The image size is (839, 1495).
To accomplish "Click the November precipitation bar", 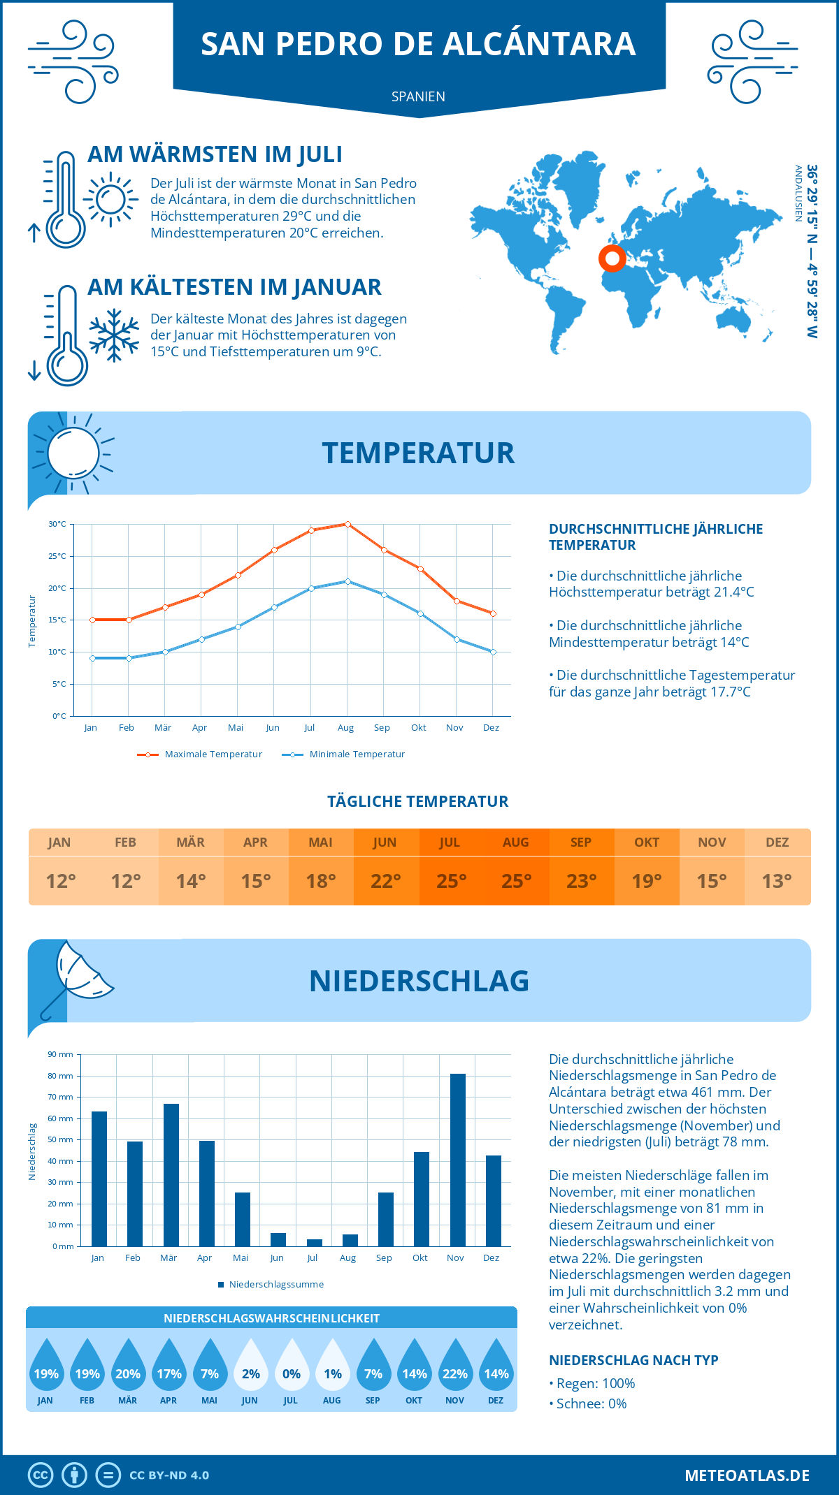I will point(458,1160).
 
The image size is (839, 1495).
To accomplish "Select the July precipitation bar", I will point(315,1243).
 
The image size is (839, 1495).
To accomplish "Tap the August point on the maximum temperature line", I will point(347,524).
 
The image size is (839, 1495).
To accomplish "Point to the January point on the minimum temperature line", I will point(92,658).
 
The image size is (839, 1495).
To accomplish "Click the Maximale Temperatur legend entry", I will point(200,754).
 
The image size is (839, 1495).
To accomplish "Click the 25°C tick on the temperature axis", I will point(57,556).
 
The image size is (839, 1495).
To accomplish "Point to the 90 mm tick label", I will point(60,1054).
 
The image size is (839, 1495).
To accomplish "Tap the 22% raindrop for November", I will point(455,1369).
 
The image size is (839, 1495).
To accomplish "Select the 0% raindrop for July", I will point(292,1369).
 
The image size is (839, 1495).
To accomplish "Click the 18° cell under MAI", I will point(321,881).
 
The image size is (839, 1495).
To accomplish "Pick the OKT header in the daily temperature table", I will point(647,843).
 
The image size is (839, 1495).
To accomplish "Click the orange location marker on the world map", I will point(612,258).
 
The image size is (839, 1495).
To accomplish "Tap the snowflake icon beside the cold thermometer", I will point(114,335).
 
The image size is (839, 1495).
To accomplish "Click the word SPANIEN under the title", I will point(418,96).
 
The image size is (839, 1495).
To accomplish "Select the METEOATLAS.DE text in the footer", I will point(747,1475).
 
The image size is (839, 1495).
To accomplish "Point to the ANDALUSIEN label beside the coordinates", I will point(798,194).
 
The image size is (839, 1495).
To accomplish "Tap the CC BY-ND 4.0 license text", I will point(169,1475).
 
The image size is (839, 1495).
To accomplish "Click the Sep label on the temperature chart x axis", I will point(382,728).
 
